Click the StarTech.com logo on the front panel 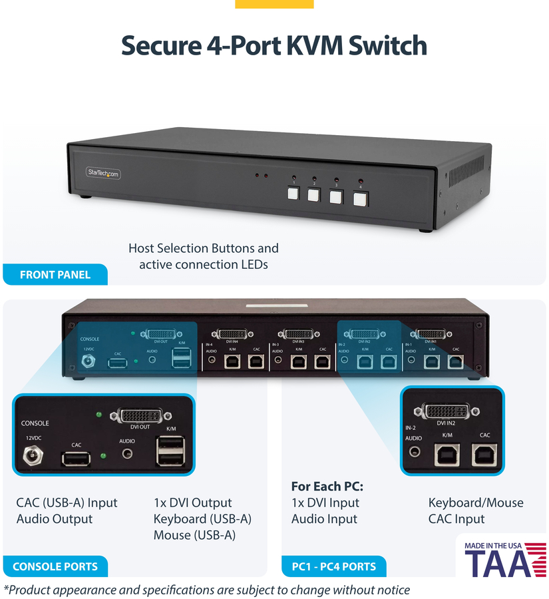[103, 173]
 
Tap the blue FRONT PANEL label [55, 274]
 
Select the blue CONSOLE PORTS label [55, 566]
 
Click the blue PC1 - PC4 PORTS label [333, 566]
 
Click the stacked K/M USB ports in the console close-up [170, 451]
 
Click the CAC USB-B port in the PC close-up [484, 455]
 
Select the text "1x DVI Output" [192, 502]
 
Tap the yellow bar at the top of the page [274, 4]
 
